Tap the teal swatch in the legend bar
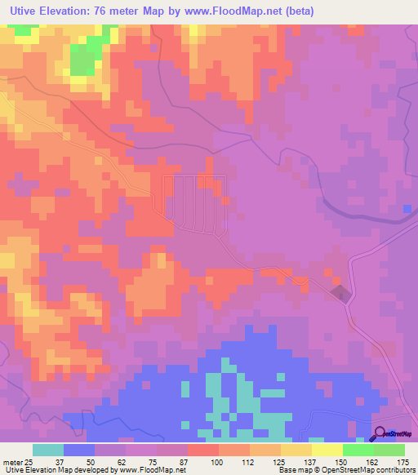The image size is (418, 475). tap(48, 450)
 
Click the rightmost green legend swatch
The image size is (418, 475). tap(389, 450)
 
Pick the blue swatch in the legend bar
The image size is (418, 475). tap(79, 450)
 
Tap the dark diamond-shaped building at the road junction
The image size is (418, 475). tap(340, 292)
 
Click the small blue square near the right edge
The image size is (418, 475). tap(407, 210)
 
